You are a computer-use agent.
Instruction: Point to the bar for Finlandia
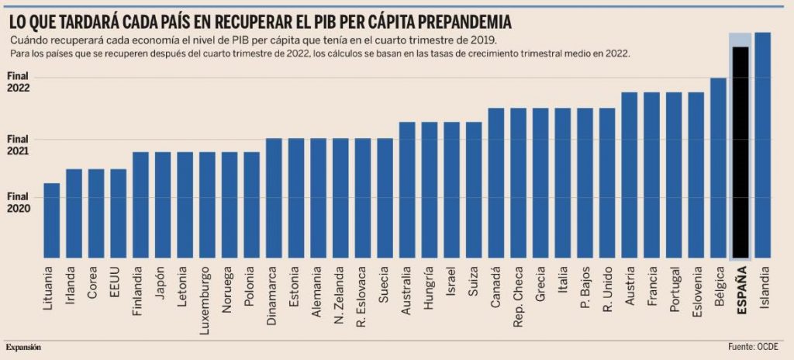140,205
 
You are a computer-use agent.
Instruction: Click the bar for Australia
407,190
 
